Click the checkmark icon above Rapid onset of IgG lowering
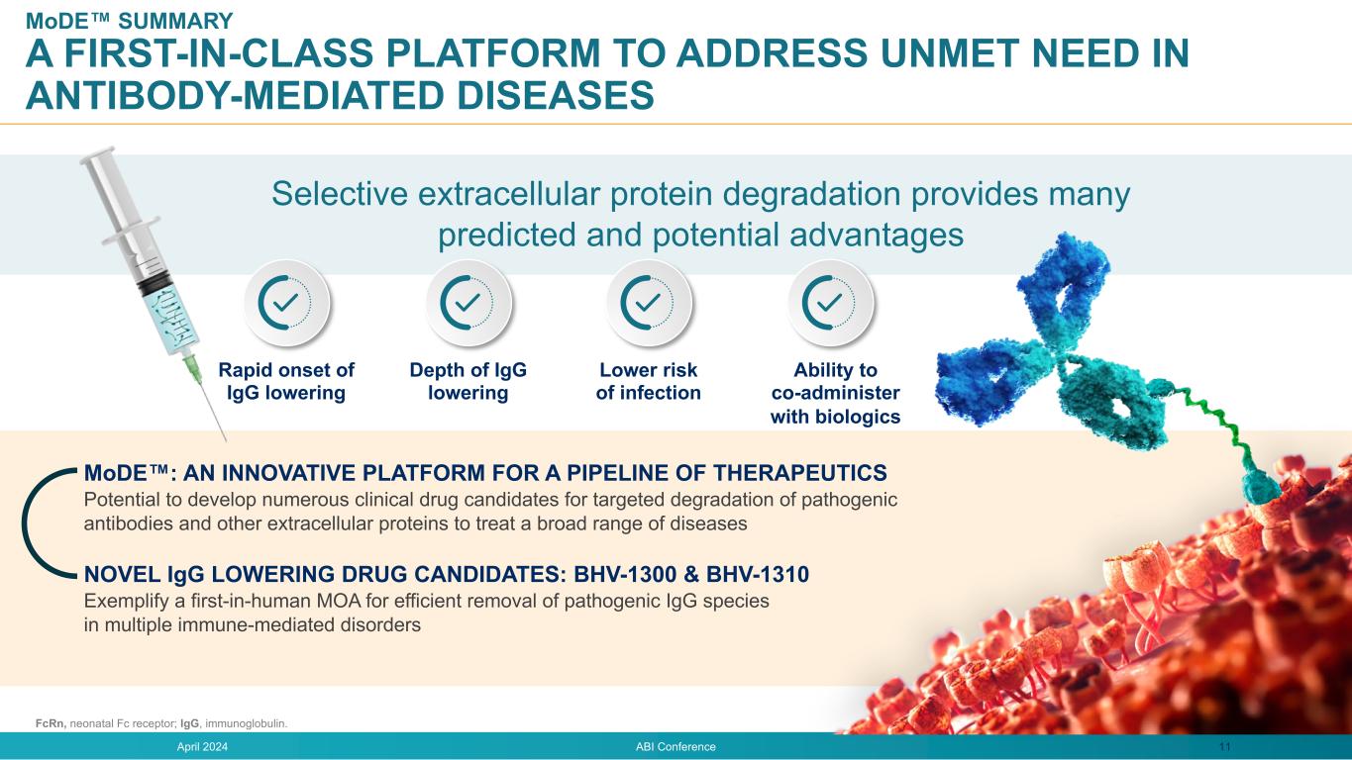[x=286, y=303]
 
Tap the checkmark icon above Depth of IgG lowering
[x=468, y=303]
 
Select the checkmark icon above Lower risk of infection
[x=649, y=303]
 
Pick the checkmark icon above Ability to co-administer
[x=830, y=303]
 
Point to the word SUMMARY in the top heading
[x=175, y=21]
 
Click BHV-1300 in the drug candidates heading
[x=625, y=574]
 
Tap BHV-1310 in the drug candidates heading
[x=758, y=574]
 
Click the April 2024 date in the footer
[x=202, y=747]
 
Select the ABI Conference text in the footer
[x=676, y=747]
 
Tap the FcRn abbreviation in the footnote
[x=51, y=723]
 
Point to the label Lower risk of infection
[x=648, y=381]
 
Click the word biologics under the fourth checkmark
[x=858, y=417]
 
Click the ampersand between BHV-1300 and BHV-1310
[x=691, y=574]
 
